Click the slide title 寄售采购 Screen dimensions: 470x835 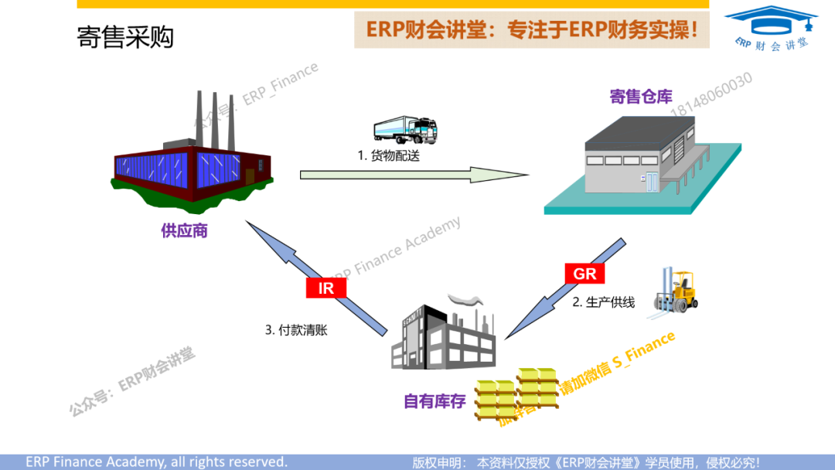[x=125, y=37]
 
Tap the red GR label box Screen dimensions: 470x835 [x=584, y=274]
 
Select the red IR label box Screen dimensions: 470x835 [x=326, y=288]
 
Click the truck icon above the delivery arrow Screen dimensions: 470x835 [x=405, y=130]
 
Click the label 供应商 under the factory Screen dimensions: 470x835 [x=184, y=231]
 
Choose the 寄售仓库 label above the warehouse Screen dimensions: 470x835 [x=641, y=97]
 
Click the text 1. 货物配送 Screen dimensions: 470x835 [x=389, y=155]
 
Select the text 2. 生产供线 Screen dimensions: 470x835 [x=603, y=302]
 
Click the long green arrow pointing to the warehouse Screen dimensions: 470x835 [x=414, y=175]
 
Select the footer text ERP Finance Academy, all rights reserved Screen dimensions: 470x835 [x=156, y=461]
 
